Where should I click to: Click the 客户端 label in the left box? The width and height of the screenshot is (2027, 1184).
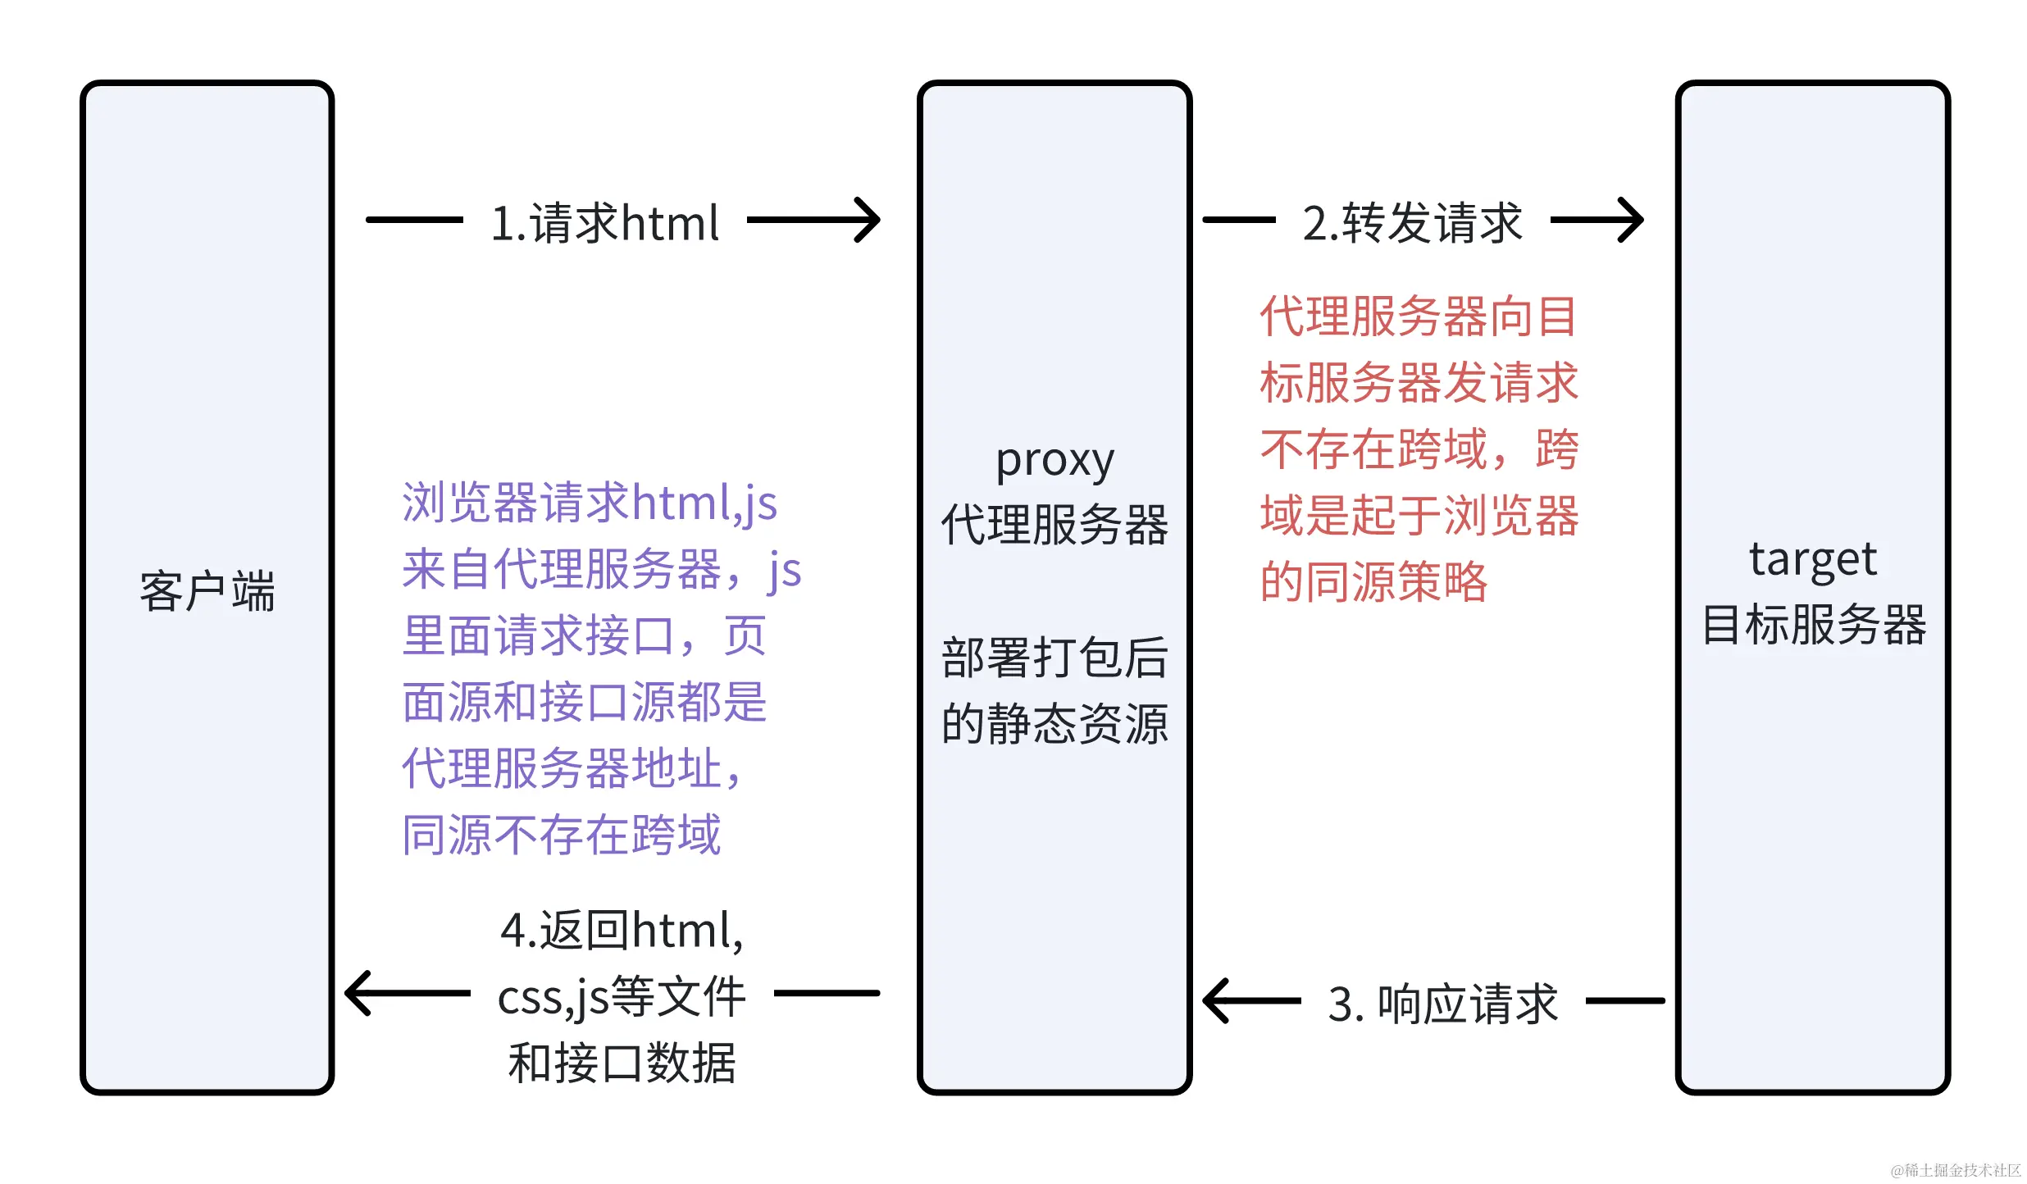point(207,591)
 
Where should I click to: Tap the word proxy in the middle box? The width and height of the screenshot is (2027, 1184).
point(1054,460)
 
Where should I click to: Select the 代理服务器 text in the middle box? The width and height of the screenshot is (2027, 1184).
point(1054,525)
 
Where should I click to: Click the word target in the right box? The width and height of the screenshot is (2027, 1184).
point(1812,560)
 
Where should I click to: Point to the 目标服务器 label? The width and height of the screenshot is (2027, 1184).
point(1812,625)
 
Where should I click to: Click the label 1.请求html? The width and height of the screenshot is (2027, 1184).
point(605,223)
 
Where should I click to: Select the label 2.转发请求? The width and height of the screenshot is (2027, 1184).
point(1412,223)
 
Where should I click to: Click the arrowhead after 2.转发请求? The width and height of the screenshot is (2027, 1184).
point(1633,220)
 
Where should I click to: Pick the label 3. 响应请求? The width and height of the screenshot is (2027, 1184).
point(1442,1004)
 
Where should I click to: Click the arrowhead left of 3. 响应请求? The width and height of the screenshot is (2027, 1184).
point(1216,1000)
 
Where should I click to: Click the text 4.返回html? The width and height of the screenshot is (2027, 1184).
point(622,931)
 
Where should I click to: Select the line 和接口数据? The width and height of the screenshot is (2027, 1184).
point(622,1063)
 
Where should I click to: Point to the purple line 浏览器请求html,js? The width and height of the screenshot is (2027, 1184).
point(590,503)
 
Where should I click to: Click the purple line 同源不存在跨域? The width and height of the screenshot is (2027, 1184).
point(562,836)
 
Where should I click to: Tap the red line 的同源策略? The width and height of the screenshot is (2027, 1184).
point(1373,582)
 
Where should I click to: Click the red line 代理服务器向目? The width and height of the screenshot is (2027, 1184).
point(1419,316)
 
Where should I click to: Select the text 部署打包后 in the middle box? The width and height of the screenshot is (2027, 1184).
point(1054,658)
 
